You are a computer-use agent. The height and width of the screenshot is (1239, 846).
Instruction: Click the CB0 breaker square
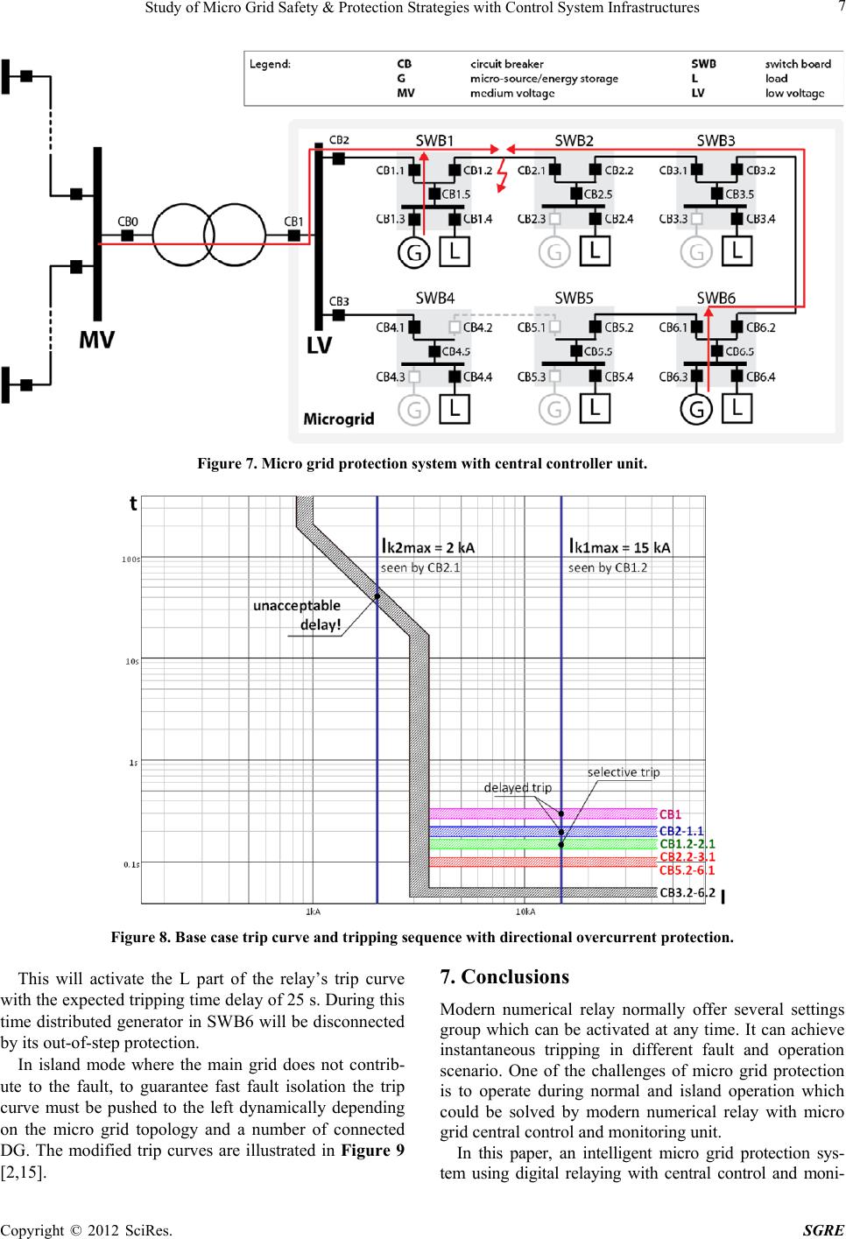(x=127, y=236)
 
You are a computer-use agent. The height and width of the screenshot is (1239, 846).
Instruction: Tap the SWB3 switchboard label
(x=716, y=140)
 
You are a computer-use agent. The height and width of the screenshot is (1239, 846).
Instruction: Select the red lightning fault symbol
(x=502, y=175)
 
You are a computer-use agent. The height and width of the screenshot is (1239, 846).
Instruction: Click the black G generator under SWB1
(x=414, y=253)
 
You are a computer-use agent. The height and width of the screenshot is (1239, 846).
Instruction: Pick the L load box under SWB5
(x=595, y=409)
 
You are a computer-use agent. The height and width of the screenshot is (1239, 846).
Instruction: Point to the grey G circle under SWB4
(x=413, y=411)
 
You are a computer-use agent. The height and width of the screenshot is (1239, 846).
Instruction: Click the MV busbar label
(x=97, y=340)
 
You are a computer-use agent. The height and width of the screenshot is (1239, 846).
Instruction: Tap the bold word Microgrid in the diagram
(x=339, y=419)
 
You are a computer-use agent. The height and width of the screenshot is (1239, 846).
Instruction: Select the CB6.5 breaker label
(x=739, y=351)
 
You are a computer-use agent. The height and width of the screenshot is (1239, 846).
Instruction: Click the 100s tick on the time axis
(x=130, y=560)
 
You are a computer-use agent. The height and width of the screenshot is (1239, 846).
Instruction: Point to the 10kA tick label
(x=525, y=912)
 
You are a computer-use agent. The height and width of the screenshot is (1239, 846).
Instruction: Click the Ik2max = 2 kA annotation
(x=427, y=547)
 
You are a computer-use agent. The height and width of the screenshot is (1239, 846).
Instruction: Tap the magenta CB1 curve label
(x=670, y=814)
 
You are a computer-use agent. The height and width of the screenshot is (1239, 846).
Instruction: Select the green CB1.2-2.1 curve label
(x=687, y=844)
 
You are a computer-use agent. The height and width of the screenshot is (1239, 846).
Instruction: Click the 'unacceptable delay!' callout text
(x=297, y=615)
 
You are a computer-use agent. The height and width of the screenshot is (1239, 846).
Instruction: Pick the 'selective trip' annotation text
(x=624, y=772)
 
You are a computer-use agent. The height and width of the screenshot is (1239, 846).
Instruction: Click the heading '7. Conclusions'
(x=504, y=977)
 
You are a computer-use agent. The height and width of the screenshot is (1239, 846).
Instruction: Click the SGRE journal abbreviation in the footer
(x=824, y=1229)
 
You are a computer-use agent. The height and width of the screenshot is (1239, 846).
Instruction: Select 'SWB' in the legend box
(x=703, y=64)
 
